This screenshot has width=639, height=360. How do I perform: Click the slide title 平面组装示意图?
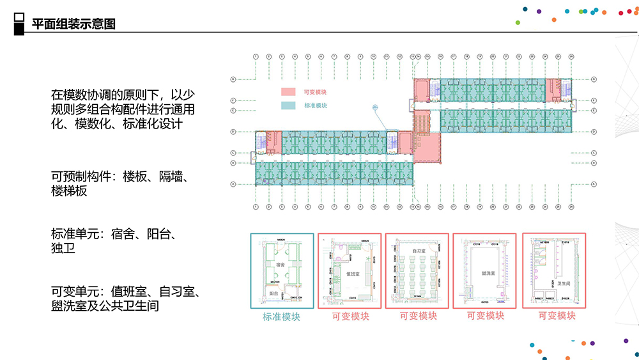point(73,25)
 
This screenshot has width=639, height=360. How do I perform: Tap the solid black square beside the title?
point(19,30)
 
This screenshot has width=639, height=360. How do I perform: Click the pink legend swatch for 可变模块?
point(289,92)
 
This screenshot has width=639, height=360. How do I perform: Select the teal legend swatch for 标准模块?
point(289,105)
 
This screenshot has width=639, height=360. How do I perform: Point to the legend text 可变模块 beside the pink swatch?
point(315,92)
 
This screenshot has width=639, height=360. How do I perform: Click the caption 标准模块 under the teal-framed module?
point(281,316)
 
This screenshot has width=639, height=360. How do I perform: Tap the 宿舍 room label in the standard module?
point(281,264)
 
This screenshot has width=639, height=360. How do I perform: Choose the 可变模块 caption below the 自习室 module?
point(419,315)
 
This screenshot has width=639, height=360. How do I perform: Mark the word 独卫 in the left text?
point(63,248)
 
